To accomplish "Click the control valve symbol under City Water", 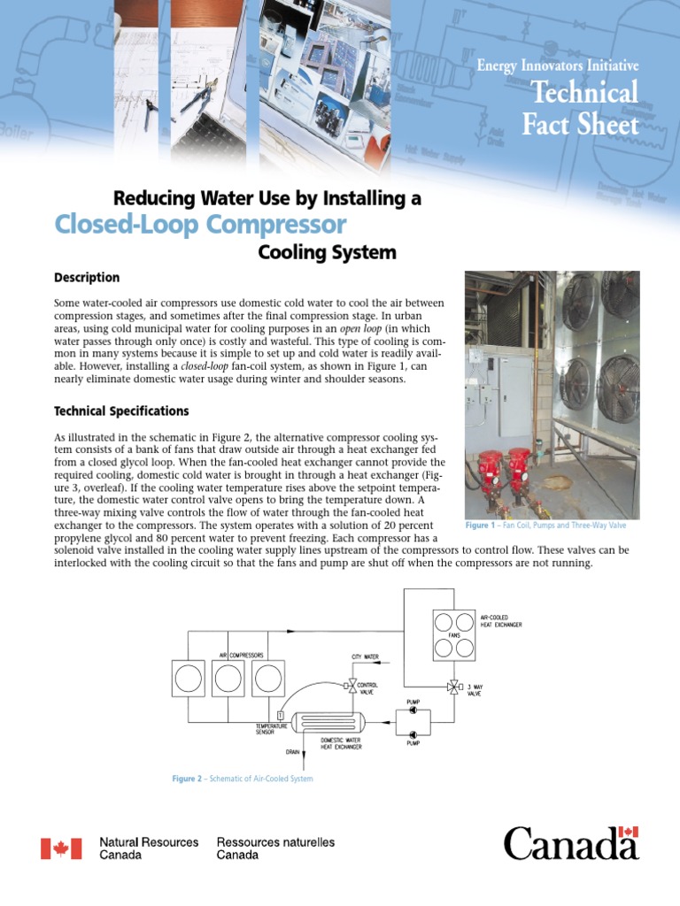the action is (352, 684).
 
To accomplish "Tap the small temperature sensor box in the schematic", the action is (280, 715).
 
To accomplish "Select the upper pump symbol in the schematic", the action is (413, 713).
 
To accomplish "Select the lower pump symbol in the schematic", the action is (413, 733).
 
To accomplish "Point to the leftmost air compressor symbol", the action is (187, 679).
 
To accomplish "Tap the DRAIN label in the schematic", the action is (293, 752).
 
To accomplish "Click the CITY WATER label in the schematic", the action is (365, 657).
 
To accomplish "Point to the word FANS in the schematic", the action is (453, 633).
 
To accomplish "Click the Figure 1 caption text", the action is (545, 526).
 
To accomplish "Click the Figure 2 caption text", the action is (242, 779).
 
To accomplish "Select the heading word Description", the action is (87, 277).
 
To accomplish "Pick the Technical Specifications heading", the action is (121, 411).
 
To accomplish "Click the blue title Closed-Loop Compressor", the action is (200, 223).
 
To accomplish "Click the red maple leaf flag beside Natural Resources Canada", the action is (61, 848).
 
